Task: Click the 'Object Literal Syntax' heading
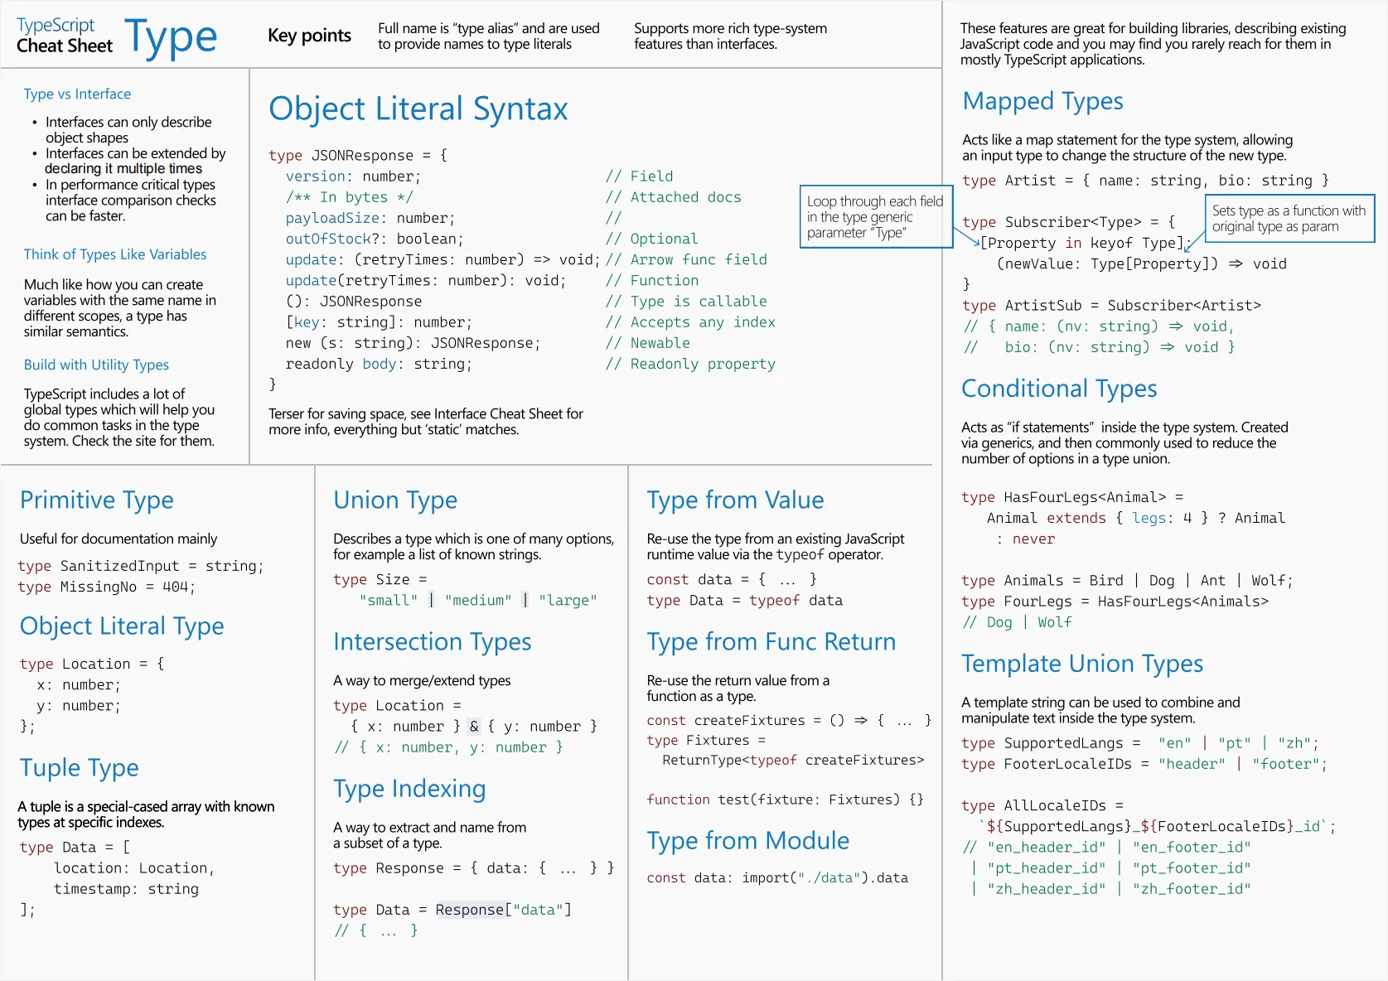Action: coord(418,109)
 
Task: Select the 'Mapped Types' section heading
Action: coord(1042,101)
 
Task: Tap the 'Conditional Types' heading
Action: coord(1059,389)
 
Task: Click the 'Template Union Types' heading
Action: coord(1082,664)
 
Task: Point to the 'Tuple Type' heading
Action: coord(80,768)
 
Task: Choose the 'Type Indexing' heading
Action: coord(409,789)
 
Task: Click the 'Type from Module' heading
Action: coord(748,840)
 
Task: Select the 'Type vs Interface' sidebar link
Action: coord(77,94)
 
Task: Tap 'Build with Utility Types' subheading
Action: coord(96,365)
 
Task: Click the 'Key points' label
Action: coord(309,36)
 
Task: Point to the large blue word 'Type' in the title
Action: coord(171,37)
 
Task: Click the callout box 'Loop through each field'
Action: coord(876,217)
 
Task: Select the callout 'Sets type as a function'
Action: coord(1289,218)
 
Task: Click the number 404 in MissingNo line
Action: coord(175,587)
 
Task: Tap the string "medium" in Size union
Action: coord(478,600)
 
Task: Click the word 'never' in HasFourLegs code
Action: coord(1033,539)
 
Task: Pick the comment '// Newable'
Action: coord(647,343)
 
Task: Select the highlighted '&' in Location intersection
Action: coord(474,727)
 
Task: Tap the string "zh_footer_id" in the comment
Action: coord(1192,889)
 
